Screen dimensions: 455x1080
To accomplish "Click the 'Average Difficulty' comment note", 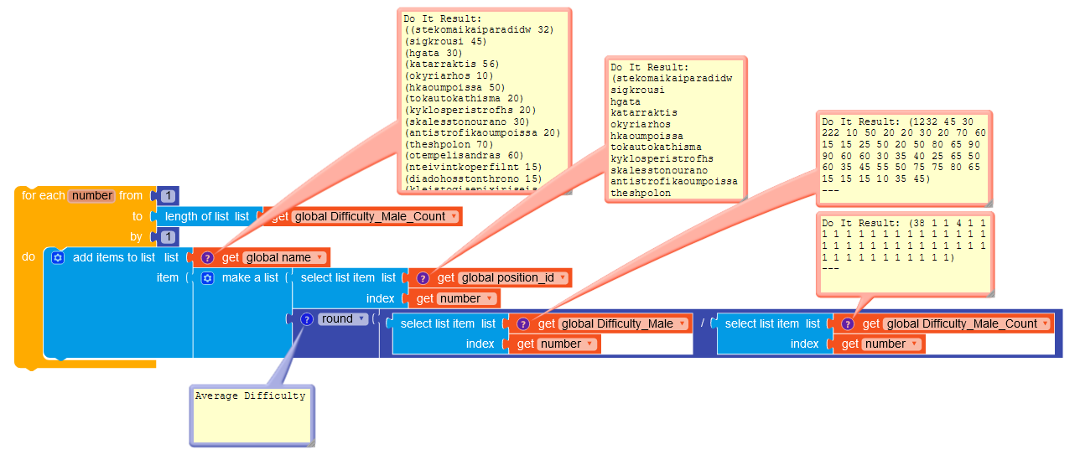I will pyautogui.click(x=251, y=415).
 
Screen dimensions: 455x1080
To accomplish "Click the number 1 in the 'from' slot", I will pyautogui.click(x=168, y=196).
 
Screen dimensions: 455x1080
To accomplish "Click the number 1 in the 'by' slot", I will pyautogui.click(x=168, y=236).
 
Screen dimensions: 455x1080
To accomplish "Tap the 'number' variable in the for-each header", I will pyautogui.click(x=92, y=195).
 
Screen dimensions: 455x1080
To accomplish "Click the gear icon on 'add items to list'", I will pyautogui.click(x=58, y=257).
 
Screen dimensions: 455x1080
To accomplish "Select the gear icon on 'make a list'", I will pyautogui.click(x=208, y=277).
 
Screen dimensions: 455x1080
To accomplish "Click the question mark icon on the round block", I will pyautogui.click(x=307, y=318).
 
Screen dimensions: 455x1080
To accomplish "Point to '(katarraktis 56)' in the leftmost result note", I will pyautogui.click(x=451, y=64).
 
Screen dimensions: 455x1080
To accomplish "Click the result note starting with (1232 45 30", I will pyautogui.click(x=904, y=159).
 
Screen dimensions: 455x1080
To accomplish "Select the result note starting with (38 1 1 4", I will pyautogui.click(x=904, y=251).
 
